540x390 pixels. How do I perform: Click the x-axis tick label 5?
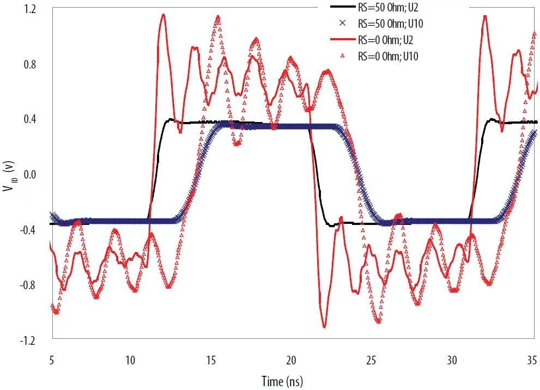click(x=51, y=360)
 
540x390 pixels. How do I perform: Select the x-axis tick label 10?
click(x=131, y=360)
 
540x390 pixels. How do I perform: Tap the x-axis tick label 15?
click(x=211, y=360)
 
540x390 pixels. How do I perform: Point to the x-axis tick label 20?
click(x=292, y=360)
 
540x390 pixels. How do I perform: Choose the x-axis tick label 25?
click(x=372, y=360)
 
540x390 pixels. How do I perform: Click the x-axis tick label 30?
click(x=452, y=360)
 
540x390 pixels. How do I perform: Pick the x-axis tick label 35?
click(x=532, y=360)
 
